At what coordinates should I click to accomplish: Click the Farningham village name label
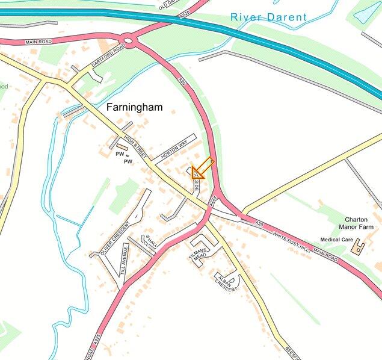(134, 107)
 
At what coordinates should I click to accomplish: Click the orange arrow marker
(201, 169)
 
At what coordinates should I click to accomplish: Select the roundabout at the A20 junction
(128, 41)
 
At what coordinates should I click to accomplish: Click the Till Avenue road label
(125, 259)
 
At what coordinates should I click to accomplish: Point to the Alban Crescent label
(226, 281)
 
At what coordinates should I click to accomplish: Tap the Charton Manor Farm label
(359, 224)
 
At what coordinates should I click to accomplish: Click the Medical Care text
(336, 240)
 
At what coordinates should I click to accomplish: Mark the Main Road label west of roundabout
(38, 43)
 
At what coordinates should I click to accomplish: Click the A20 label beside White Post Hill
(259, 223)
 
